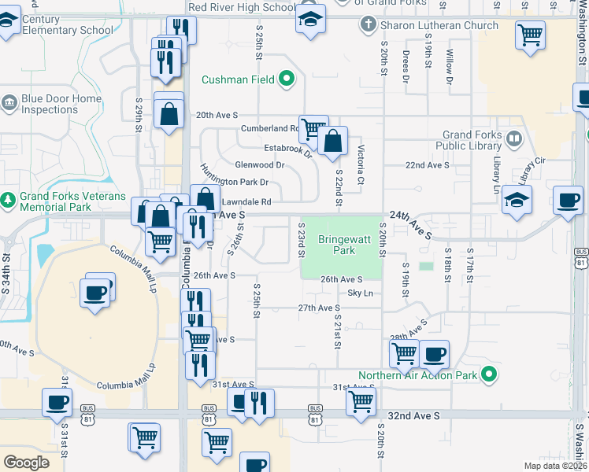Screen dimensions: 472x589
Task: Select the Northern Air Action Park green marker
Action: click(489, 374)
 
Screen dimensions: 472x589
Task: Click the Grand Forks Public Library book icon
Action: click(513, 139)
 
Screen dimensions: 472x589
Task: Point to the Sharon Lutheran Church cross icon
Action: click(368, 25)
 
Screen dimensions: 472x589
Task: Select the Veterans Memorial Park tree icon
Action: click(9, 201)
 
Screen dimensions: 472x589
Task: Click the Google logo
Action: click(26, 463)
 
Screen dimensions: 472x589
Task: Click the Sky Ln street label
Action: click(360, 293)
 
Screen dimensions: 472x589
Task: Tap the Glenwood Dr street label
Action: click(260, 165)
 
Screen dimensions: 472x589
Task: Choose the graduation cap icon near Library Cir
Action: click(517, 200)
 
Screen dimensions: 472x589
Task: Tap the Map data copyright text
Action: click(555, 466)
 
